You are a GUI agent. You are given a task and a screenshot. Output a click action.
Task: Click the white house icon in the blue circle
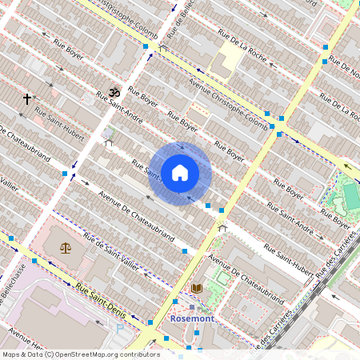[179, 172]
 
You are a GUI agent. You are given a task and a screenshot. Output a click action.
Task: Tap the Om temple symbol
[114, 93]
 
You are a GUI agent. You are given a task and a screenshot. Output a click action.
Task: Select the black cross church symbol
[26, 99]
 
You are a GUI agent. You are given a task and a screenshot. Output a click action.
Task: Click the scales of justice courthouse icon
[65, 247]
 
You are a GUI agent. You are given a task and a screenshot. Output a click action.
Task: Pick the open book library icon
[196, 287]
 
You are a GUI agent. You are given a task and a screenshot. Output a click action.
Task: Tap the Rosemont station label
[192, 318]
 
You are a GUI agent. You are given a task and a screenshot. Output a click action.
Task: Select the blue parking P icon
[120, 327]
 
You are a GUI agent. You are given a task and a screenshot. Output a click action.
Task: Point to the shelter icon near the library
[222, 229]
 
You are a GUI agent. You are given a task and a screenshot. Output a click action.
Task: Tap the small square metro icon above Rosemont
[192, 306]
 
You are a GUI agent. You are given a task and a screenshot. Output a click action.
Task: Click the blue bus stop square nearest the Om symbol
[146, 47]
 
